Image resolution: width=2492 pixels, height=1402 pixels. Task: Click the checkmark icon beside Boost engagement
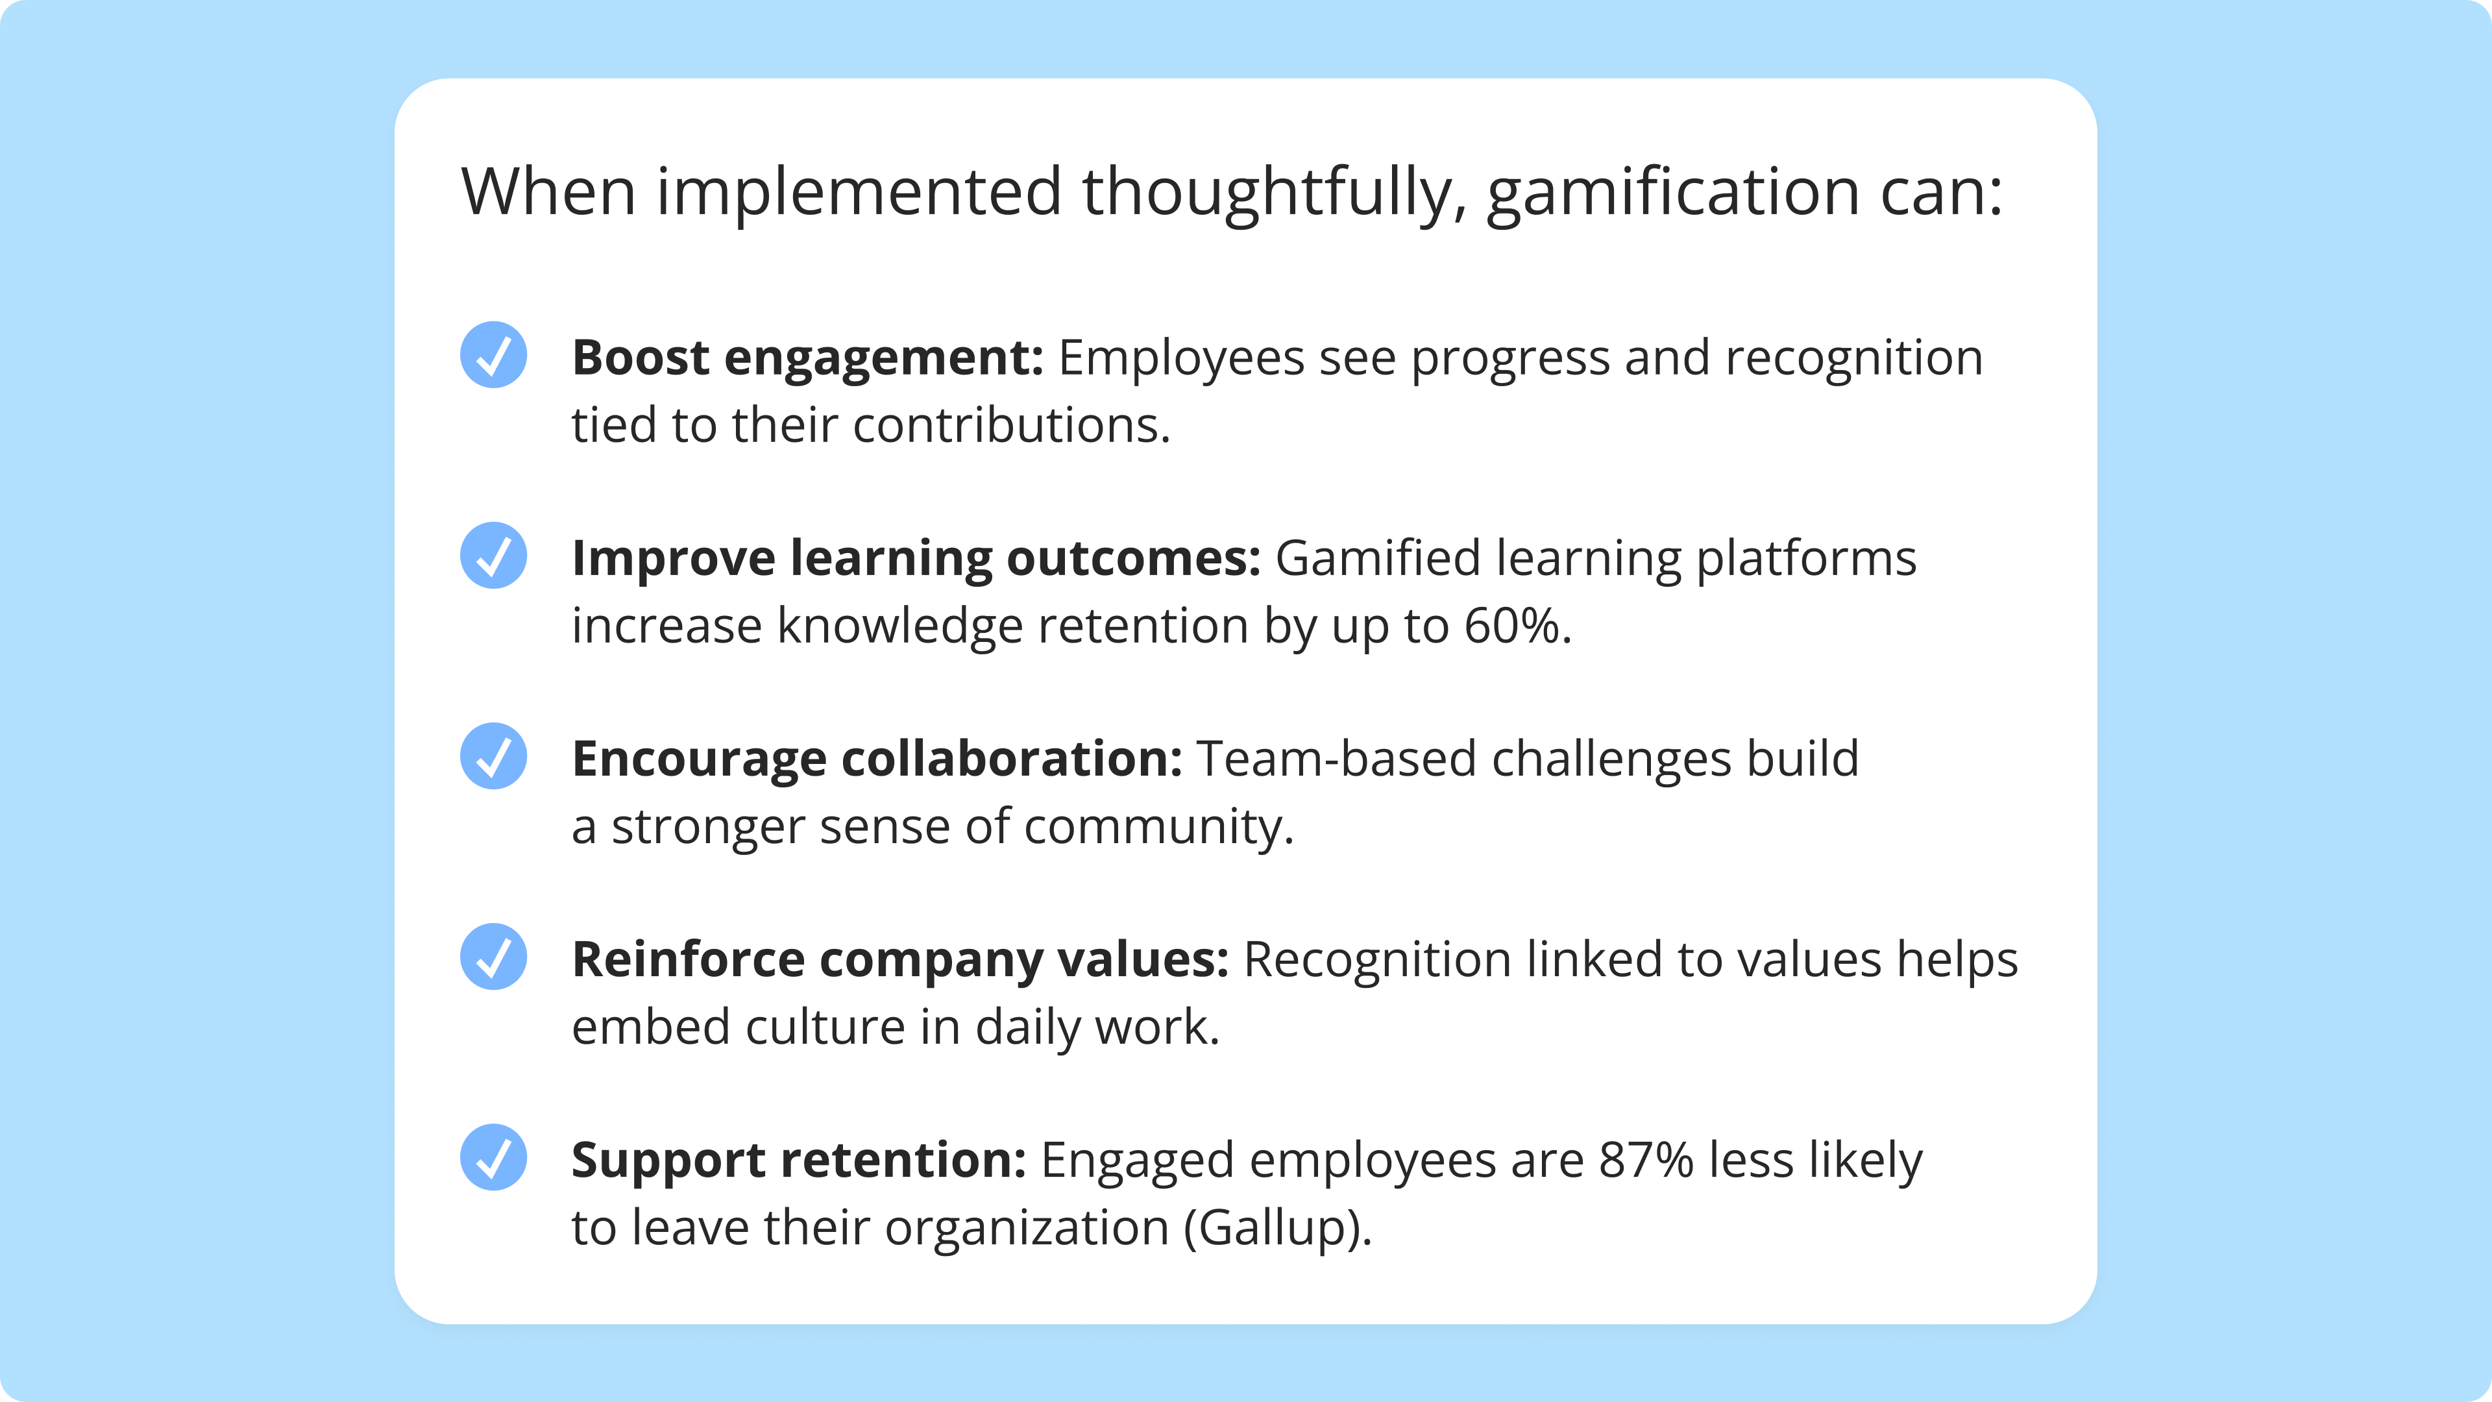(x=493, y=355)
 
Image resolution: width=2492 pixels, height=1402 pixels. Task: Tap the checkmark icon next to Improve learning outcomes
(x=493, y=556)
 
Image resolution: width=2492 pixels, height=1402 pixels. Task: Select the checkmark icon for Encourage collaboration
(x=493, y=756)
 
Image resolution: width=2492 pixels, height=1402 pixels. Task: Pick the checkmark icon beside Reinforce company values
(x=493, y=956)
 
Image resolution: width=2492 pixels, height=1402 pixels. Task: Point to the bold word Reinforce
(x=688, y=960)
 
